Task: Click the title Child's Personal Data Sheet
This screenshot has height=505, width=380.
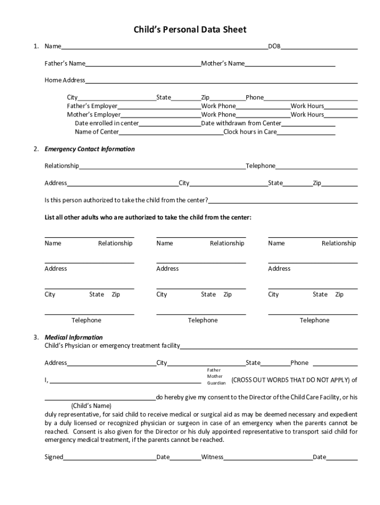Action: coord(190,30)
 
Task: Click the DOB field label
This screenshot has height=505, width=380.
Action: coord(274,46)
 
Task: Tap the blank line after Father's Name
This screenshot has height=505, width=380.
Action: coord(143,64)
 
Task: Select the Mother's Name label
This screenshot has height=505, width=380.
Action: coord(223,64)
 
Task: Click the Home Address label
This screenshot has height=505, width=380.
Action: coord(65,80)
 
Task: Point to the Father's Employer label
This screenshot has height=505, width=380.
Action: coord(92,106)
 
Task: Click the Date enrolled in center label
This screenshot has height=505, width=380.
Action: coord(107,123)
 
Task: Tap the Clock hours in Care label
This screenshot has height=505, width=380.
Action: coord(250,132)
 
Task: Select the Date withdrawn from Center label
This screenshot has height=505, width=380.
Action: coord(241,123)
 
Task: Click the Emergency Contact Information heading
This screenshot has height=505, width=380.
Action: coord(89,149)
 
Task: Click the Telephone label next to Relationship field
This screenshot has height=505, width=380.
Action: coord(261,166)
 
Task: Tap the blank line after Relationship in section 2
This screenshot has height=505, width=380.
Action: coord(162,167)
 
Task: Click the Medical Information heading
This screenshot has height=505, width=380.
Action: coord(74,337)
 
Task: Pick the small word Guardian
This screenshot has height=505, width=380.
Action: coord(216,383)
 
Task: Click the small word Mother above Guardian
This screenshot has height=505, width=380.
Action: coord(215,376)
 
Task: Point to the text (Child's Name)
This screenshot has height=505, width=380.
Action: coord(91,406)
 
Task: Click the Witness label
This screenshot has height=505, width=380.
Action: coord(212,457)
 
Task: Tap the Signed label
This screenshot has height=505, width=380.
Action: coord(54,457)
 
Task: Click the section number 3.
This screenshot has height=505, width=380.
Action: coord(36,337)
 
